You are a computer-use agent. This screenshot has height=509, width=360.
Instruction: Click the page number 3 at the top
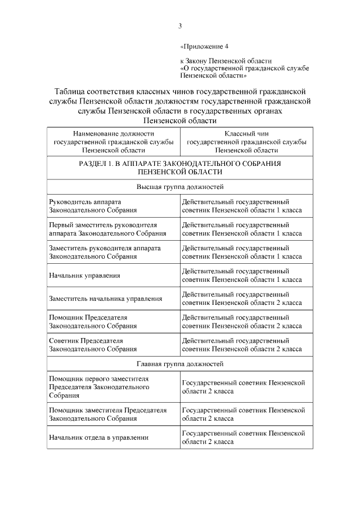pyautogui.click(x=180, y=25)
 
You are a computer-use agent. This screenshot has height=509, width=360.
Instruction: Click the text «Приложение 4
pyautogui.click(x=204, y=46)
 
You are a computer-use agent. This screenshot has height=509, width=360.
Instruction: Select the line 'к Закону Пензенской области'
pyautogui.click(x=226, y=60)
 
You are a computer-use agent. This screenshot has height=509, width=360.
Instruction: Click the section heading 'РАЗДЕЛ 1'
pyautogui.click(x=180, y=167)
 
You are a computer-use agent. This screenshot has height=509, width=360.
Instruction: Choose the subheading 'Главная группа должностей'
pyautogui.click(x=180, y=364)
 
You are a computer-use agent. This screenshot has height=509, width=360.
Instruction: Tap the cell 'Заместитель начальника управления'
pyautogui.click(x=106, y=299)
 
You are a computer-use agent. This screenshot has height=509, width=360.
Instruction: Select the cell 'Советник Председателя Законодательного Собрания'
pyautogui.click(x=93, y=345)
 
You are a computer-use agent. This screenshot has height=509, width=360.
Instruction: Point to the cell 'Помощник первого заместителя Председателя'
pyautogui.click(x=100, y=387)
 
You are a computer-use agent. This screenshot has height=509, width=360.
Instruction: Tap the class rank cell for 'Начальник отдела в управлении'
pyautogui.click(x=244, y=438)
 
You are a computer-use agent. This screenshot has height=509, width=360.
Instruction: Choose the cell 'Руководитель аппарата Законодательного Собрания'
pyautogui.click(x=93, y=205)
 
